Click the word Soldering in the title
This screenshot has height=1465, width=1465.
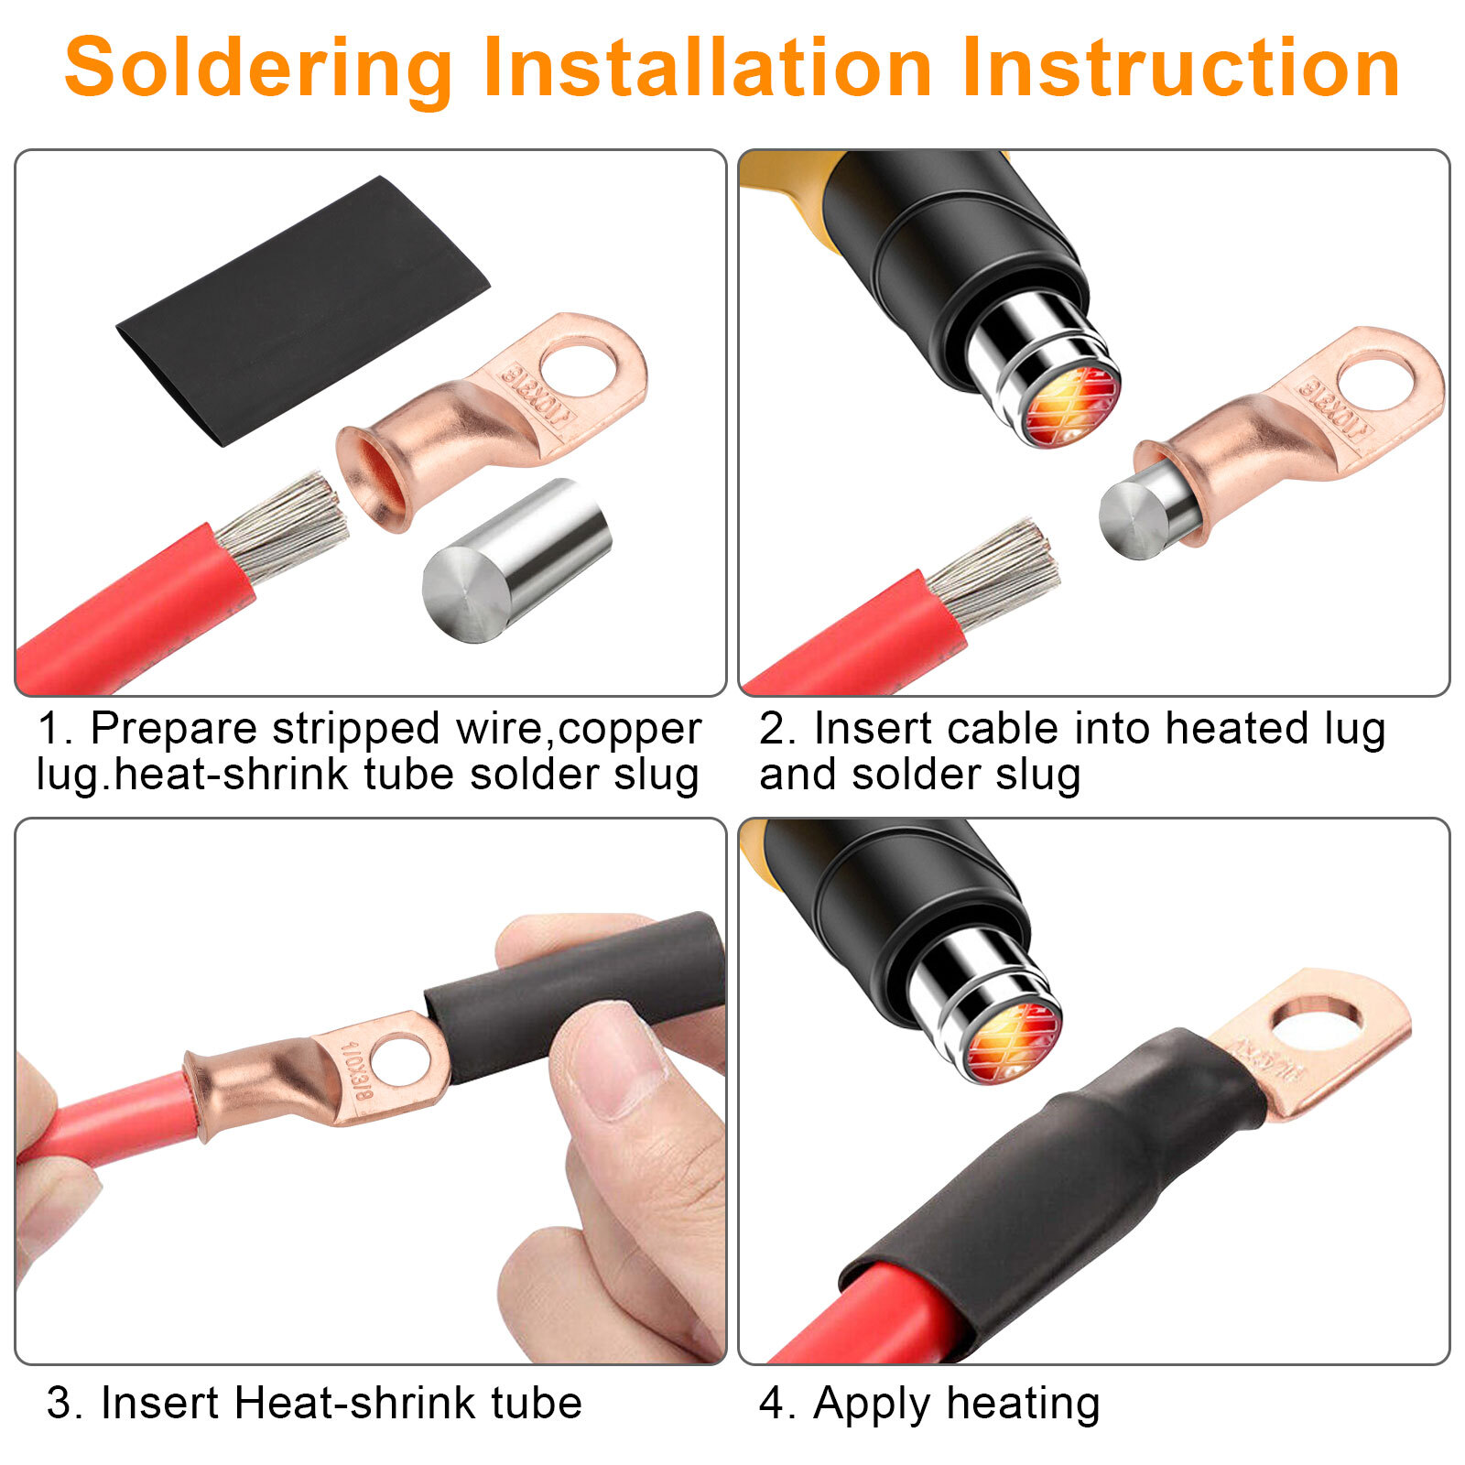(x=258, y=69)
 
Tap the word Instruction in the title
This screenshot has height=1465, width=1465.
(x=1181, y=69)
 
